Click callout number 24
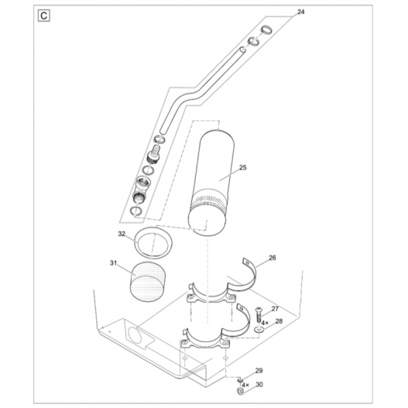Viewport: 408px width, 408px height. click(x=300, y=13)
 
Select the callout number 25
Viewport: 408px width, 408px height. click(x=242, y=166)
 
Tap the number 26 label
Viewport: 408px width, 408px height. click(x=272, y=258)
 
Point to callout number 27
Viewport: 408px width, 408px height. click(x=274, y=308)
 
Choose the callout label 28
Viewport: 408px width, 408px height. click(x=279, y=321)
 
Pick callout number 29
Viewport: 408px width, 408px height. click(x=259, y=371)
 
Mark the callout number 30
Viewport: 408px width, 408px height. click(x=259, y=384)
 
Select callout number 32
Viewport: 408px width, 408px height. click(x=122, y=233)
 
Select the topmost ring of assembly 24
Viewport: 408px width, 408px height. click(x=266, y=31)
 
